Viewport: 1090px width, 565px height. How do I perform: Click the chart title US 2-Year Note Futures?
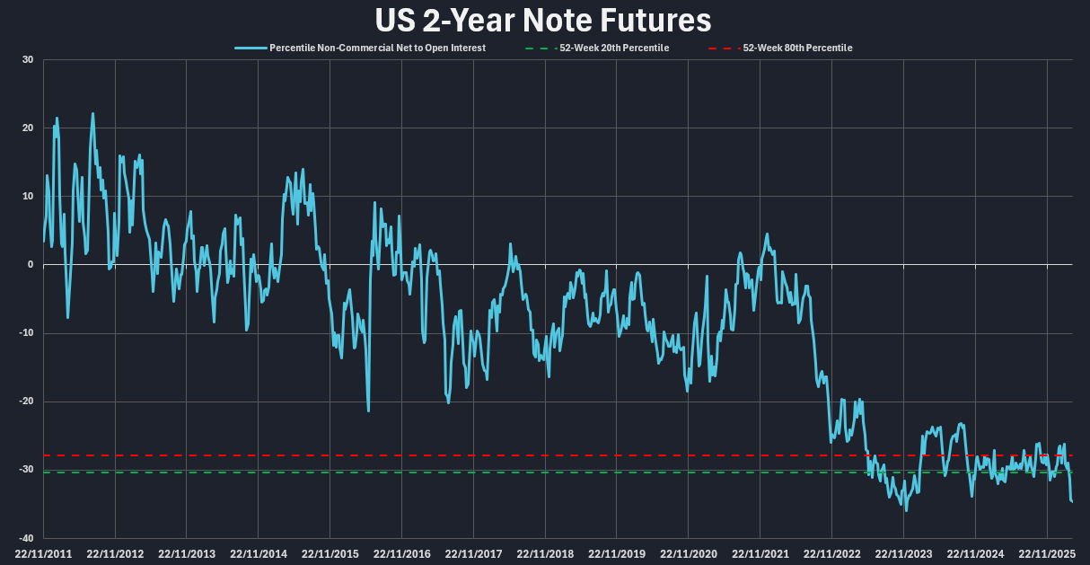[x=544, y=20]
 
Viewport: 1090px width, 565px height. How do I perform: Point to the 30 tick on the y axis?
[x=28, y=60]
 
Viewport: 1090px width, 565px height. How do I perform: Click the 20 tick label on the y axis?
[x=28, y=128]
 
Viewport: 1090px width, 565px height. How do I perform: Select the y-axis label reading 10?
[x=28, y=197]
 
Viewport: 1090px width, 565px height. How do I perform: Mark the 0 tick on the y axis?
[x=31, y=265]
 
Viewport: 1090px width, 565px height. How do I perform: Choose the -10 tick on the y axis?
[x=26, y=333]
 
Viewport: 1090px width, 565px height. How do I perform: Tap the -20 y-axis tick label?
[x=26, y=402]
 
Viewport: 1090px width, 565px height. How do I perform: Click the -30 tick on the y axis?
[x=26, y=470]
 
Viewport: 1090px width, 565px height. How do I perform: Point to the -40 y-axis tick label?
[x=26, y=537]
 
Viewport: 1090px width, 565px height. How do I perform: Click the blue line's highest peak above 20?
[x=92, y=114]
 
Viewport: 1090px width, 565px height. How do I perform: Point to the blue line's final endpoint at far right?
[x=1072, y=501]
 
